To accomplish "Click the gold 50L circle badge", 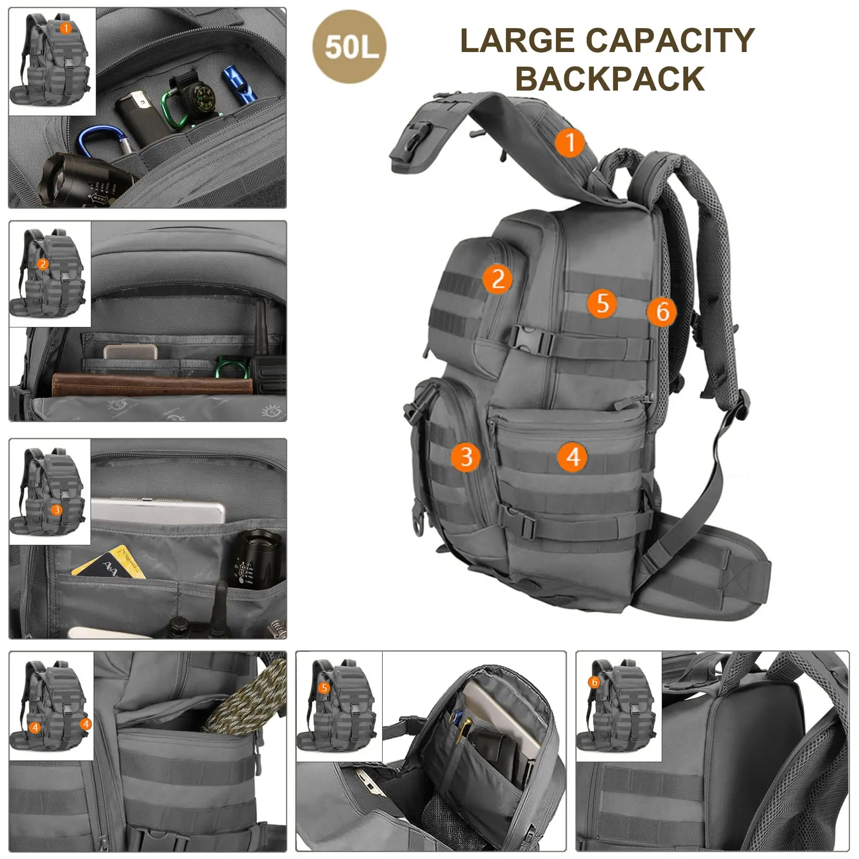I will point(349,47).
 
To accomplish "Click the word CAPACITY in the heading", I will point(670,41).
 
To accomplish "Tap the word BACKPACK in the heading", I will point(610,79).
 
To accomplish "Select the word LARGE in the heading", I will point(516,41).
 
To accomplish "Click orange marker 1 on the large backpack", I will point(570,142).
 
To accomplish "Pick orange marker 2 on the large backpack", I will point(497,279).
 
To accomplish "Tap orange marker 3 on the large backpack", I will point(465,457).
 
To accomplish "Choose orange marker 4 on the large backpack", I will point(572,457).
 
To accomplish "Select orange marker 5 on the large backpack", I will point(602,303).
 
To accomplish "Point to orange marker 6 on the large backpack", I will point(662,312).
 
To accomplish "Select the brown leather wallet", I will point(151,384).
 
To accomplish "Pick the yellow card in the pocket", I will point(109,562).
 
